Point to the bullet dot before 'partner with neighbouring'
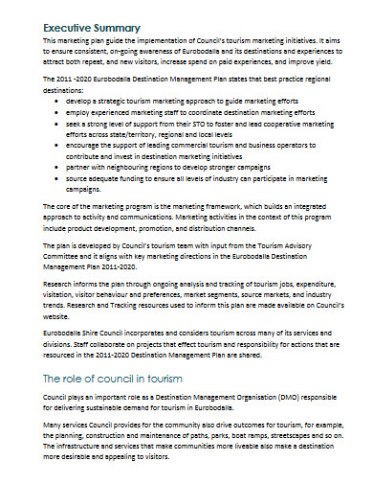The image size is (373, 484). tap(60, 164)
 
